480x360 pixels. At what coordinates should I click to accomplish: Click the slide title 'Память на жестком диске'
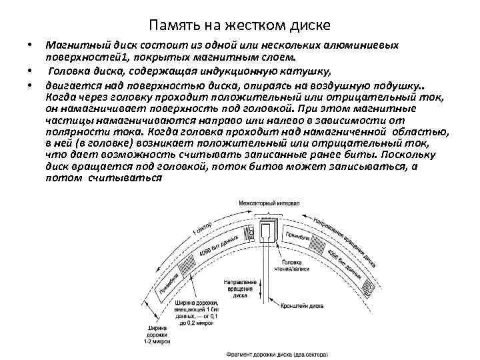239,26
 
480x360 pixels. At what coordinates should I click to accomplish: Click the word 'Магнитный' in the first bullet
71,45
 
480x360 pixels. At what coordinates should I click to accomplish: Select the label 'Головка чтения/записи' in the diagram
295,267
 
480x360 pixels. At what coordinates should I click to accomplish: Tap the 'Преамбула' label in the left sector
167,284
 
